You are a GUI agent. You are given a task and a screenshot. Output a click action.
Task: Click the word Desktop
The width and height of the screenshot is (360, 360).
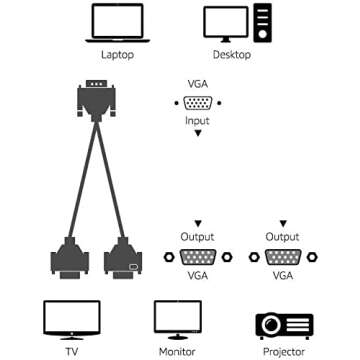click(230, 57)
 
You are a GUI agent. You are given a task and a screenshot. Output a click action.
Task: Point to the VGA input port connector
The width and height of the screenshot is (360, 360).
click(197, 103)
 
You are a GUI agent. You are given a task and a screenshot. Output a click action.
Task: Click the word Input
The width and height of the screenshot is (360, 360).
click(197, 119)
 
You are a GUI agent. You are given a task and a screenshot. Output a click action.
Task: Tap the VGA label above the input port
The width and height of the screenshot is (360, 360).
click(197, 87)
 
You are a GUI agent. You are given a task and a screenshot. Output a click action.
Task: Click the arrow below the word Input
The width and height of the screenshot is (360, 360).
click(197, 132)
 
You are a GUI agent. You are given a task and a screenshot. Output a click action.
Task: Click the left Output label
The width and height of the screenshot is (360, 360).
click(197, 237)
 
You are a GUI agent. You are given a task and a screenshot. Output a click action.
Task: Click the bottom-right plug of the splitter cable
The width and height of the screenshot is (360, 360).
click(121, 259)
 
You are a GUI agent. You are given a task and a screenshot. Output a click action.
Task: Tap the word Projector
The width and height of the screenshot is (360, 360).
click(283, 352)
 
